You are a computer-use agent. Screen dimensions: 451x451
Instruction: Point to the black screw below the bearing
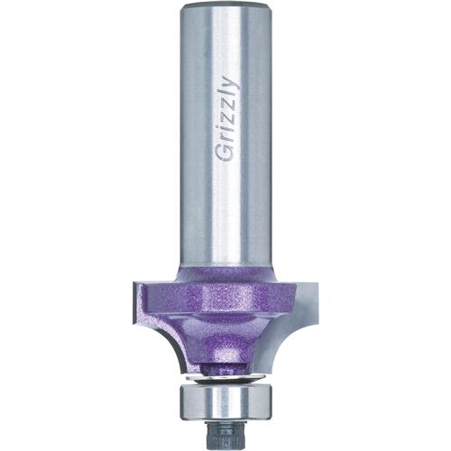(225, 428)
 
